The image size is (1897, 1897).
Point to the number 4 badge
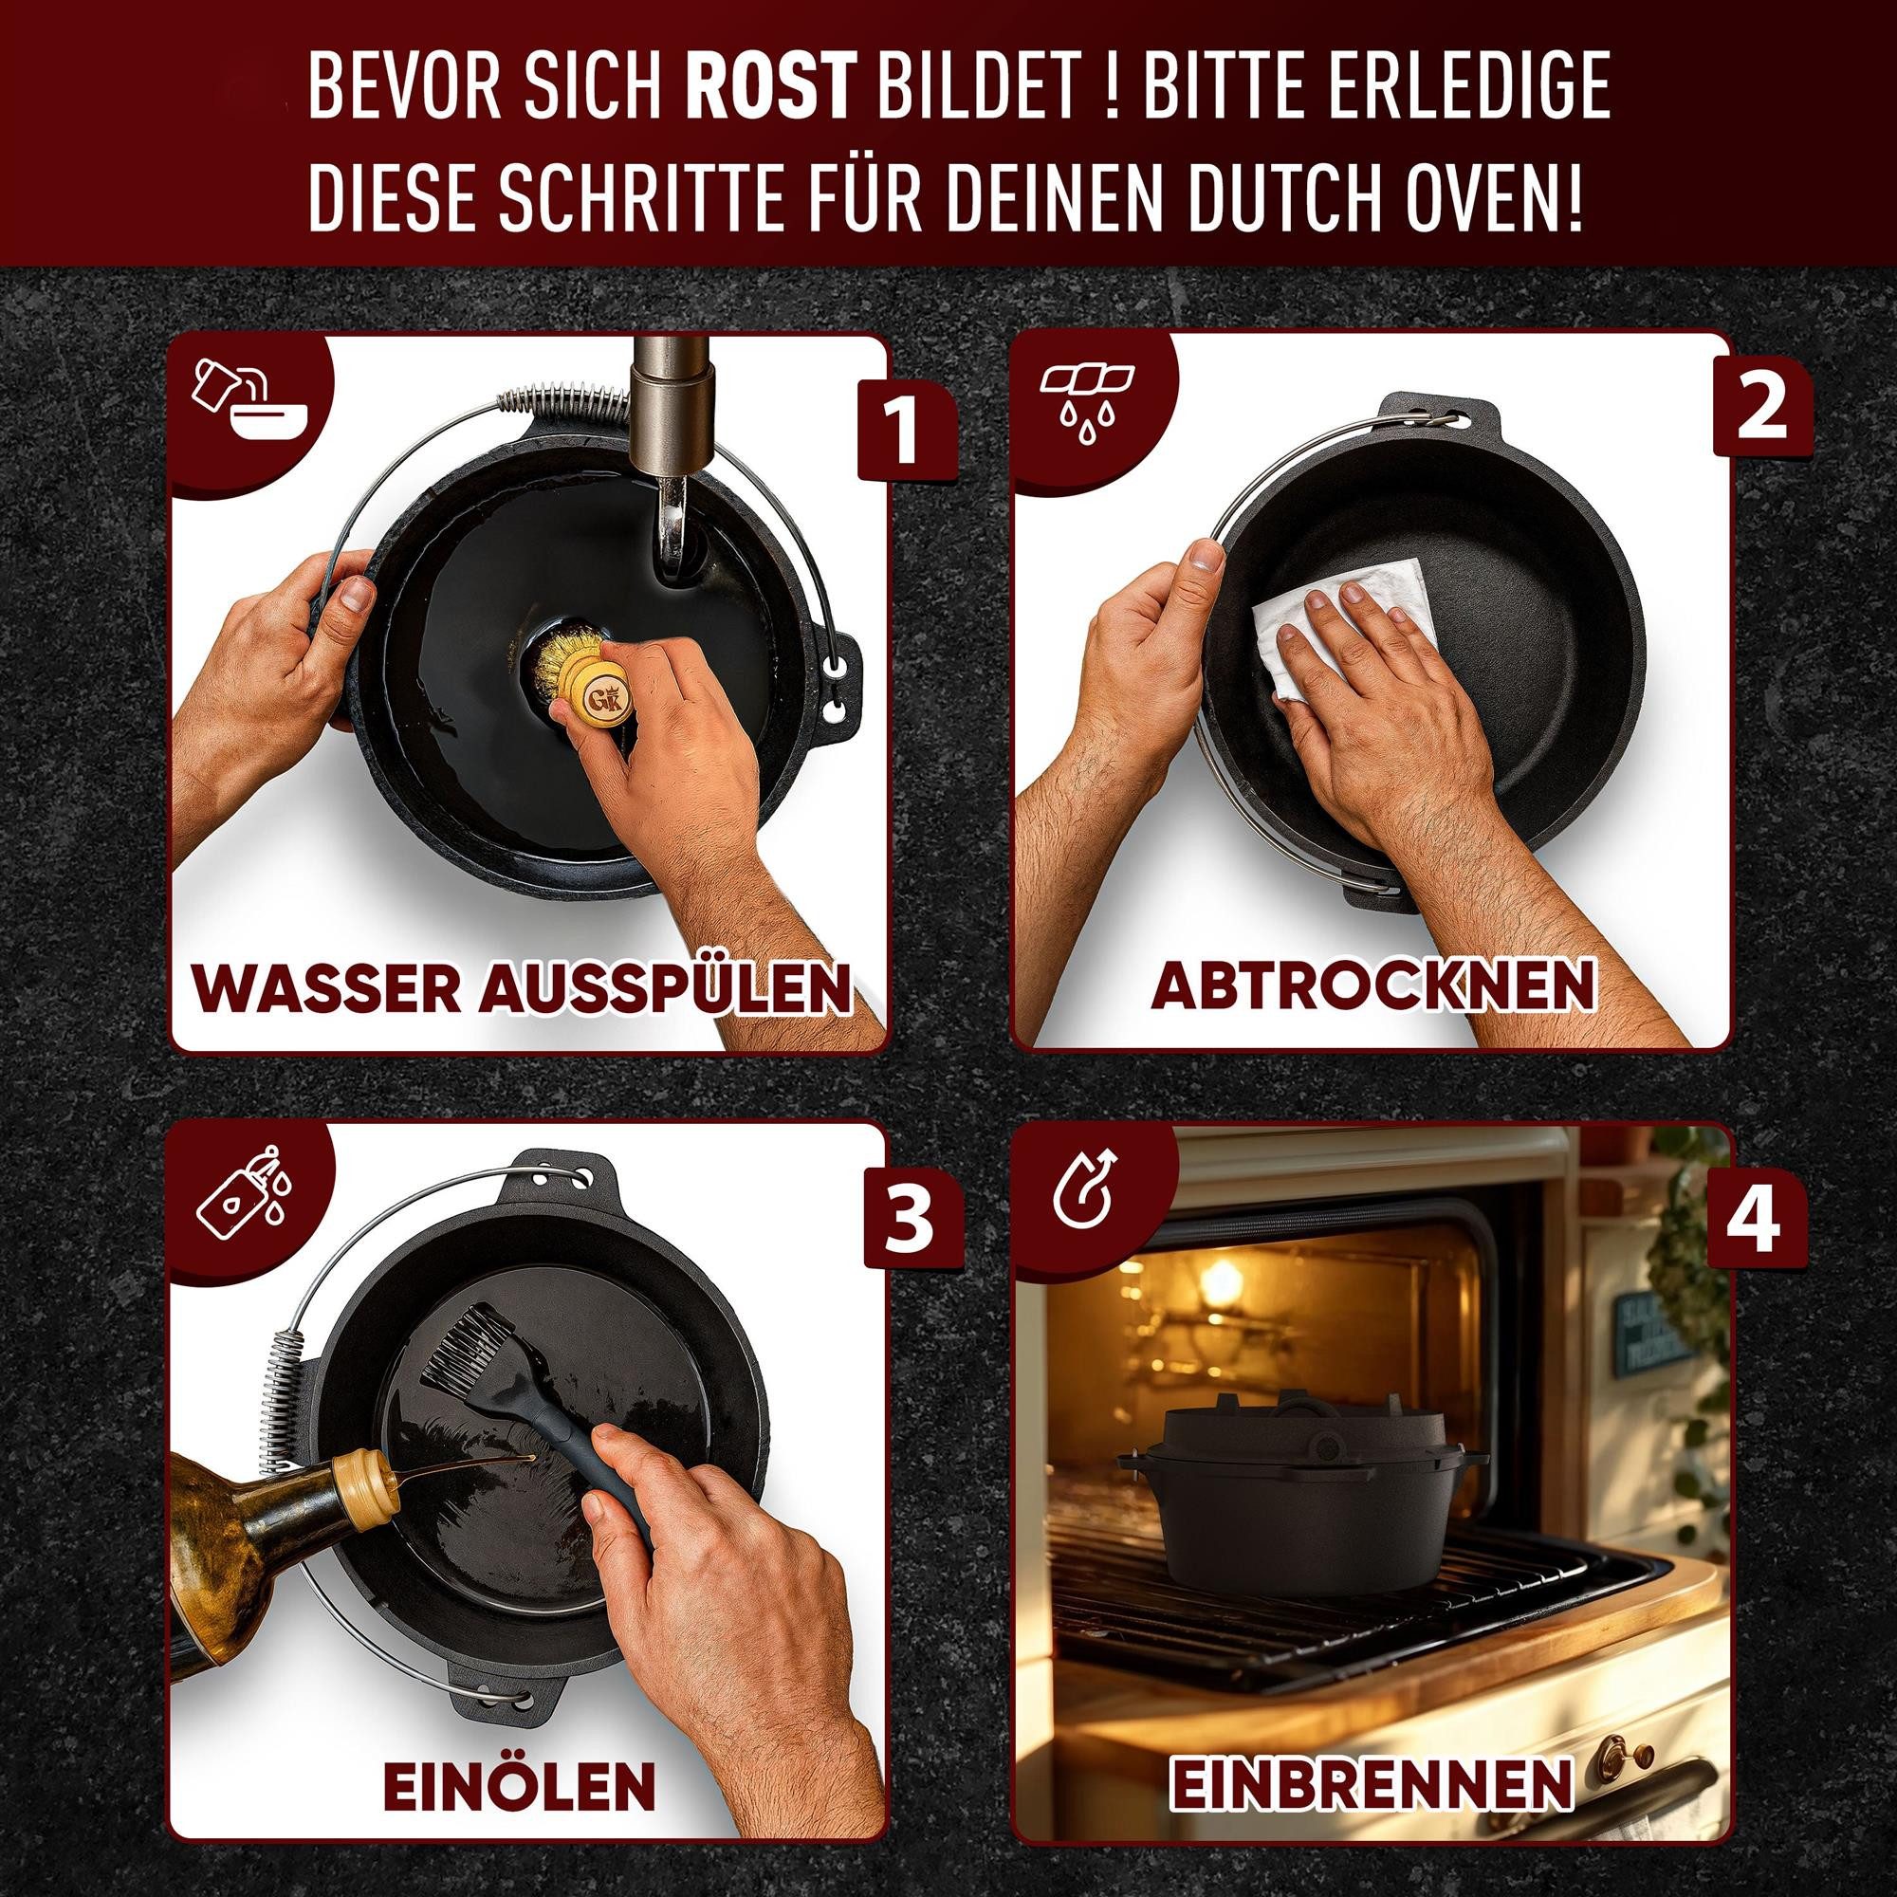click(x=1755, y=1222)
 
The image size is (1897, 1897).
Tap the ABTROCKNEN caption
click(x=1372, y=985)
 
